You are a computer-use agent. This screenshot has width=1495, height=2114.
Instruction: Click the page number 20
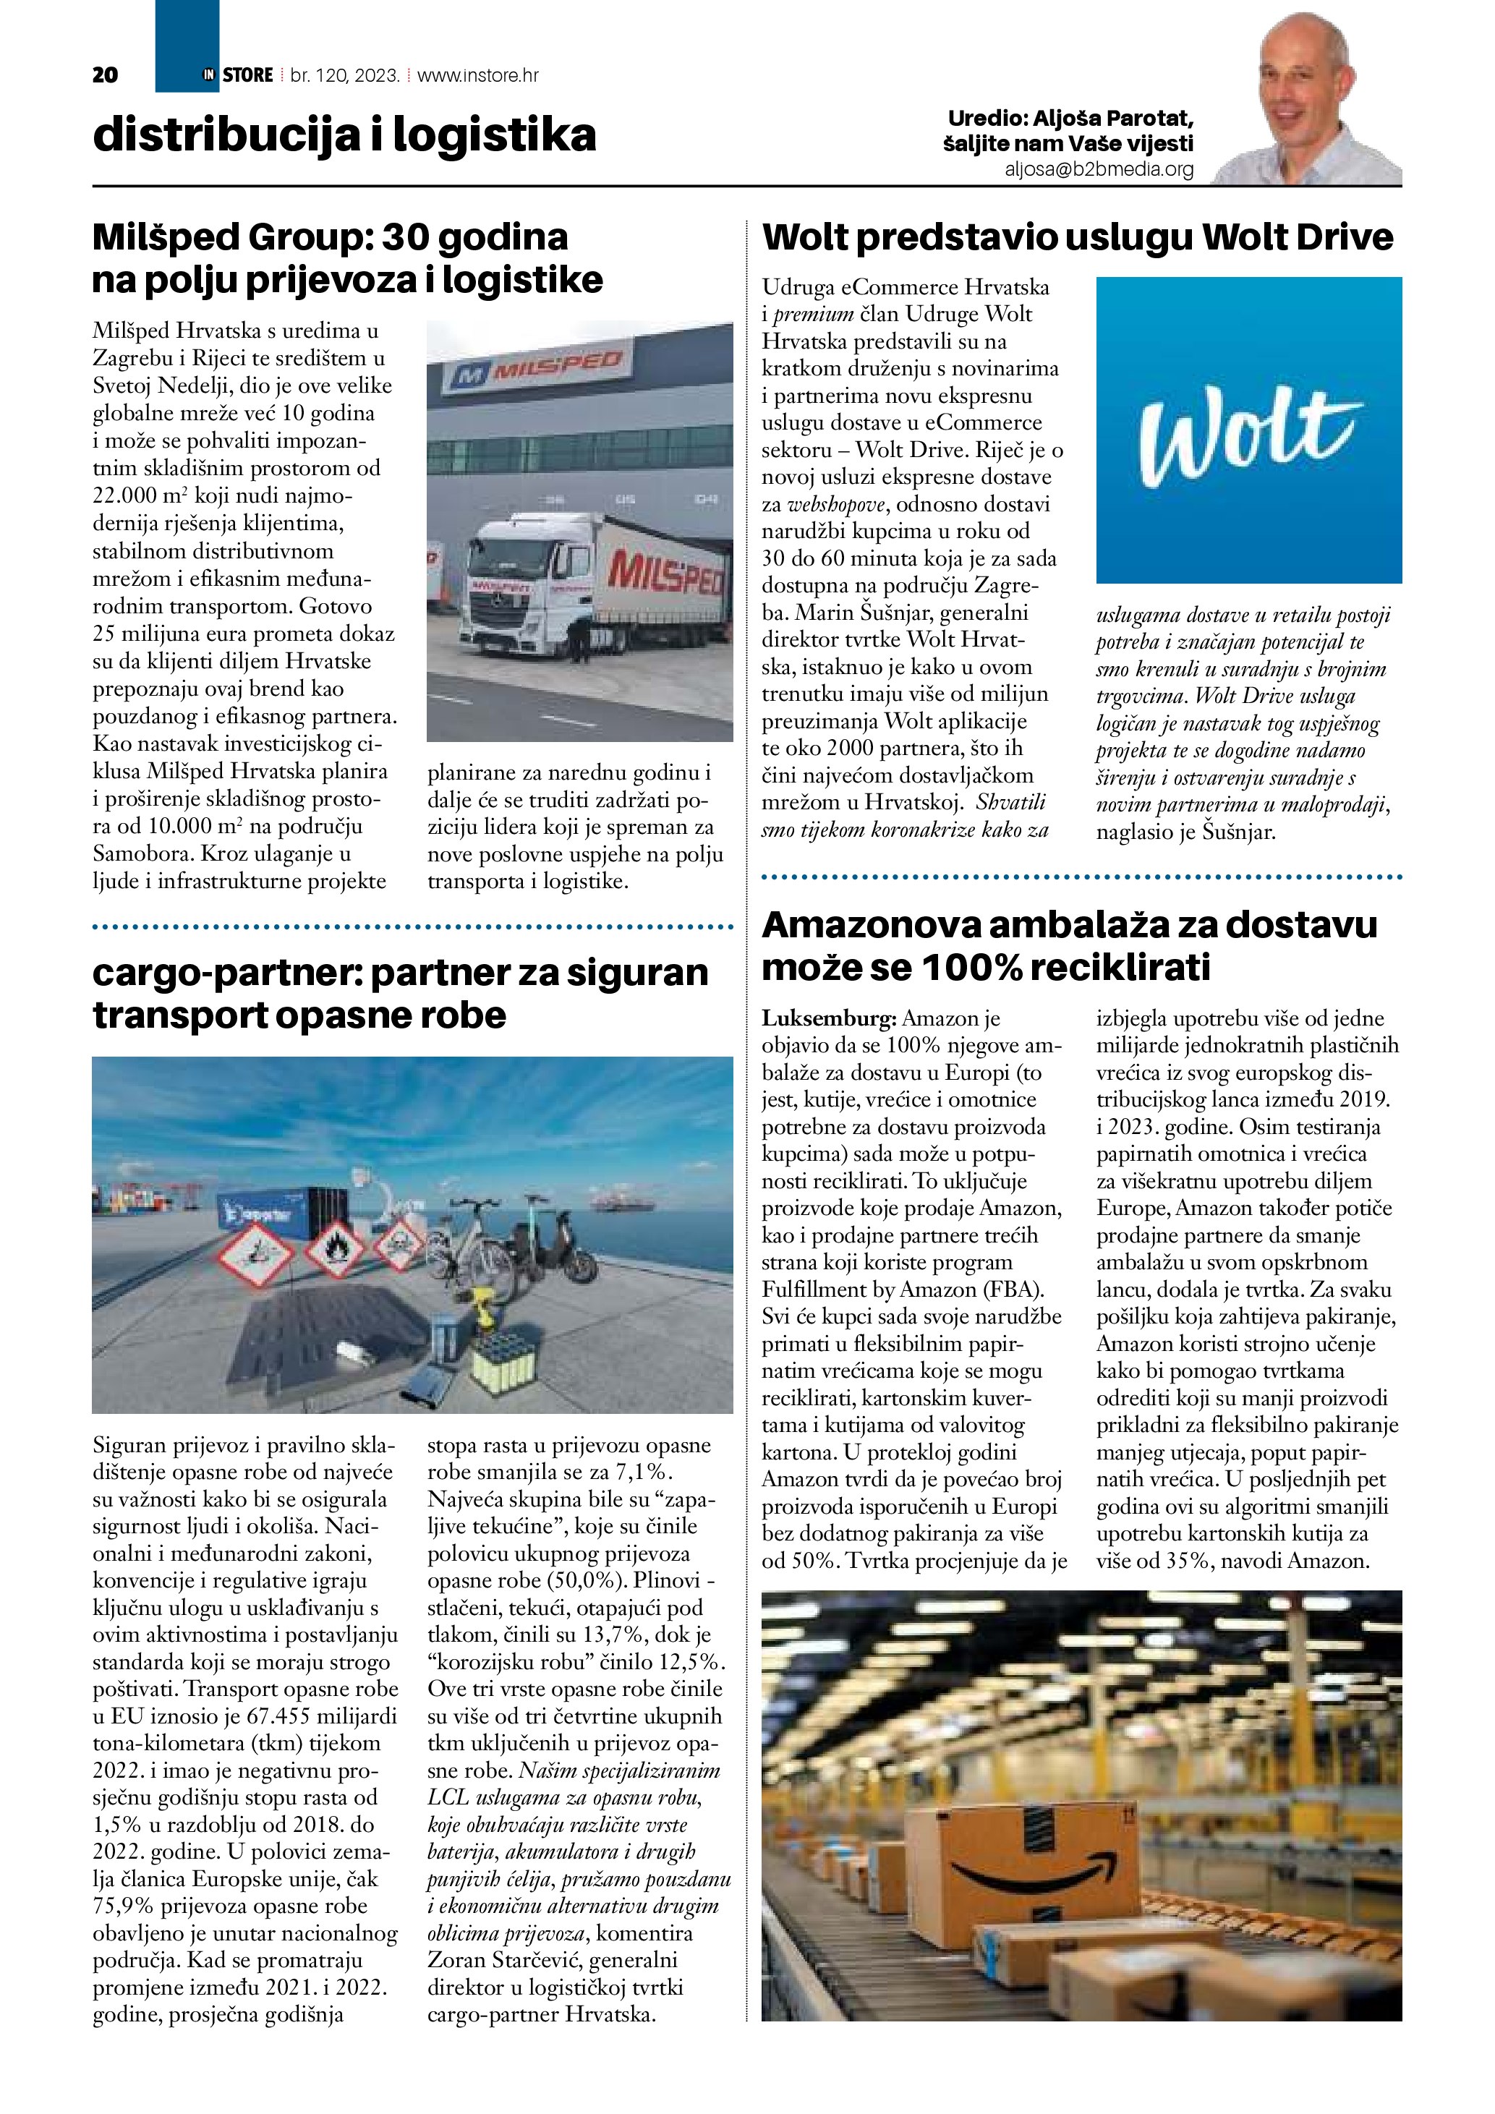coord(105,75)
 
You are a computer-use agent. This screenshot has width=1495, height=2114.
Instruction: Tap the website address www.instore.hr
coord(478,75)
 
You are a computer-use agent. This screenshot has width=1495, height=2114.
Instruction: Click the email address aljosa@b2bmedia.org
coord(1099,169)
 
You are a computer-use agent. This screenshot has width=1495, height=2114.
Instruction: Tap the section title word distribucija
coord(226,135)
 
